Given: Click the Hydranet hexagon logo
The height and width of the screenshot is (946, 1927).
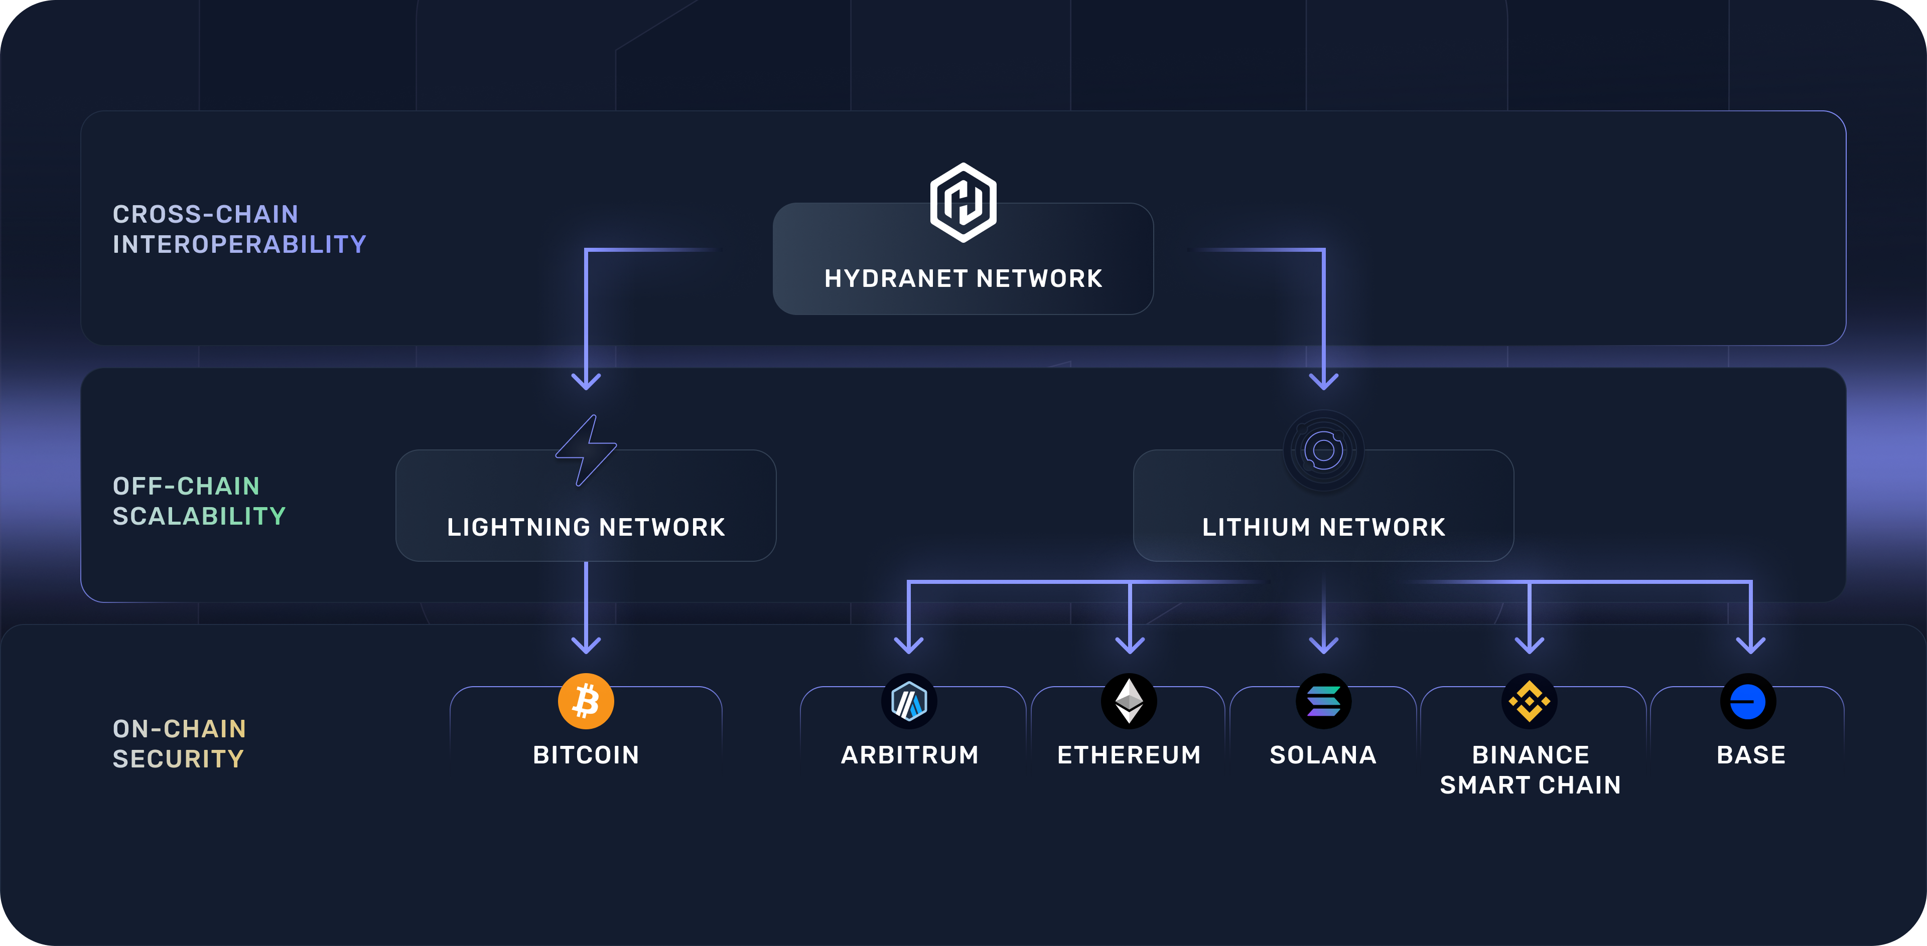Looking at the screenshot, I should (963, 202).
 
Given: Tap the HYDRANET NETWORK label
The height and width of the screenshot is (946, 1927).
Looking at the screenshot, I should (963, 278).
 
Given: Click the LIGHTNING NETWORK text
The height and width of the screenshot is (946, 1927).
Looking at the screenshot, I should (586, 527).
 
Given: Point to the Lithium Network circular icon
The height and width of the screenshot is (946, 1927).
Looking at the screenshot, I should (1323, 450).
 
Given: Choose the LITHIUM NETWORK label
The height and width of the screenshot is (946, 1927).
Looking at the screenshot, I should (1323, 527).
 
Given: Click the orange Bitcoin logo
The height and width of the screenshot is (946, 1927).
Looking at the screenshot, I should (586, 701).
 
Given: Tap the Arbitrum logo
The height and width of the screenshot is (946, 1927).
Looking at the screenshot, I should (909, 701).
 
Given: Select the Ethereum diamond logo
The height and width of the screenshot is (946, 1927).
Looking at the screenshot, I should (1129, 701).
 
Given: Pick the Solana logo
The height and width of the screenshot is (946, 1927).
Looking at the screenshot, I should (1323, 701).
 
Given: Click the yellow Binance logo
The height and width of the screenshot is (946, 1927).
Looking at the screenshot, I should (1529, 701).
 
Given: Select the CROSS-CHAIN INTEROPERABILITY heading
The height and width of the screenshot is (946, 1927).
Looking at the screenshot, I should (239, 229).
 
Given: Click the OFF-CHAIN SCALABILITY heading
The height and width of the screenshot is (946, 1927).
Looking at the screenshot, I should (199, 501).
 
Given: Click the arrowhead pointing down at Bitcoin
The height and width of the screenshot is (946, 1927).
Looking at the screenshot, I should (586, 644).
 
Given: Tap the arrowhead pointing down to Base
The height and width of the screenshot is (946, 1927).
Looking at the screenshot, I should (1750, 644).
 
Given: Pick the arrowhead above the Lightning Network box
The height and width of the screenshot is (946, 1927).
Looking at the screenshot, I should (586, 381).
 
